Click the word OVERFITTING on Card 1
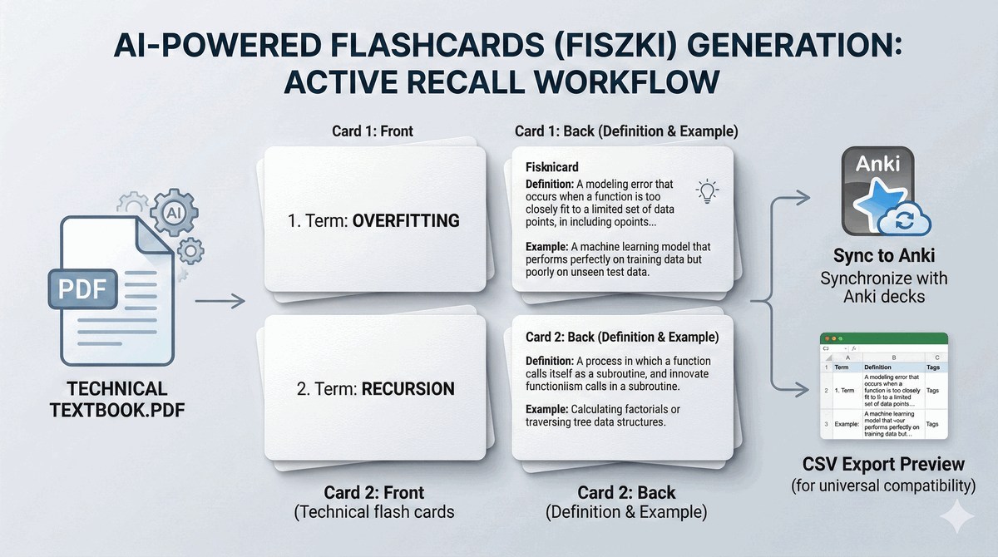407,222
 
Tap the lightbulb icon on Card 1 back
707,190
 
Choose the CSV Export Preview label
883,463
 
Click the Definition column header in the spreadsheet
877,367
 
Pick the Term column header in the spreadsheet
842,367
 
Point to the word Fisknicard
552,167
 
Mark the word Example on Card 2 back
546,410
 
